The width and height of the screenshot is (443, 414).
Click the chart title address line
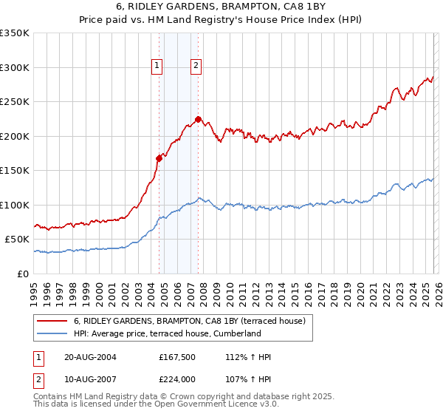[222, 7]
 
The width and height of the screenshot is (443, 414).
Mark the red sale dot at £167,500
[159, 157]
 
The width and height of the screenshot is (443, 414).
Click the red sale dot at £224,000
[198, 119]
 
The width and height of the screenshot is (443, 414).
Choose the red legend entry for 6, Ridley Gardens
[194, 321]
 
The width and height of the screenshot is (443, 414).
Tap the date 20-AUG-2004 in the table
[90, 357]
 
